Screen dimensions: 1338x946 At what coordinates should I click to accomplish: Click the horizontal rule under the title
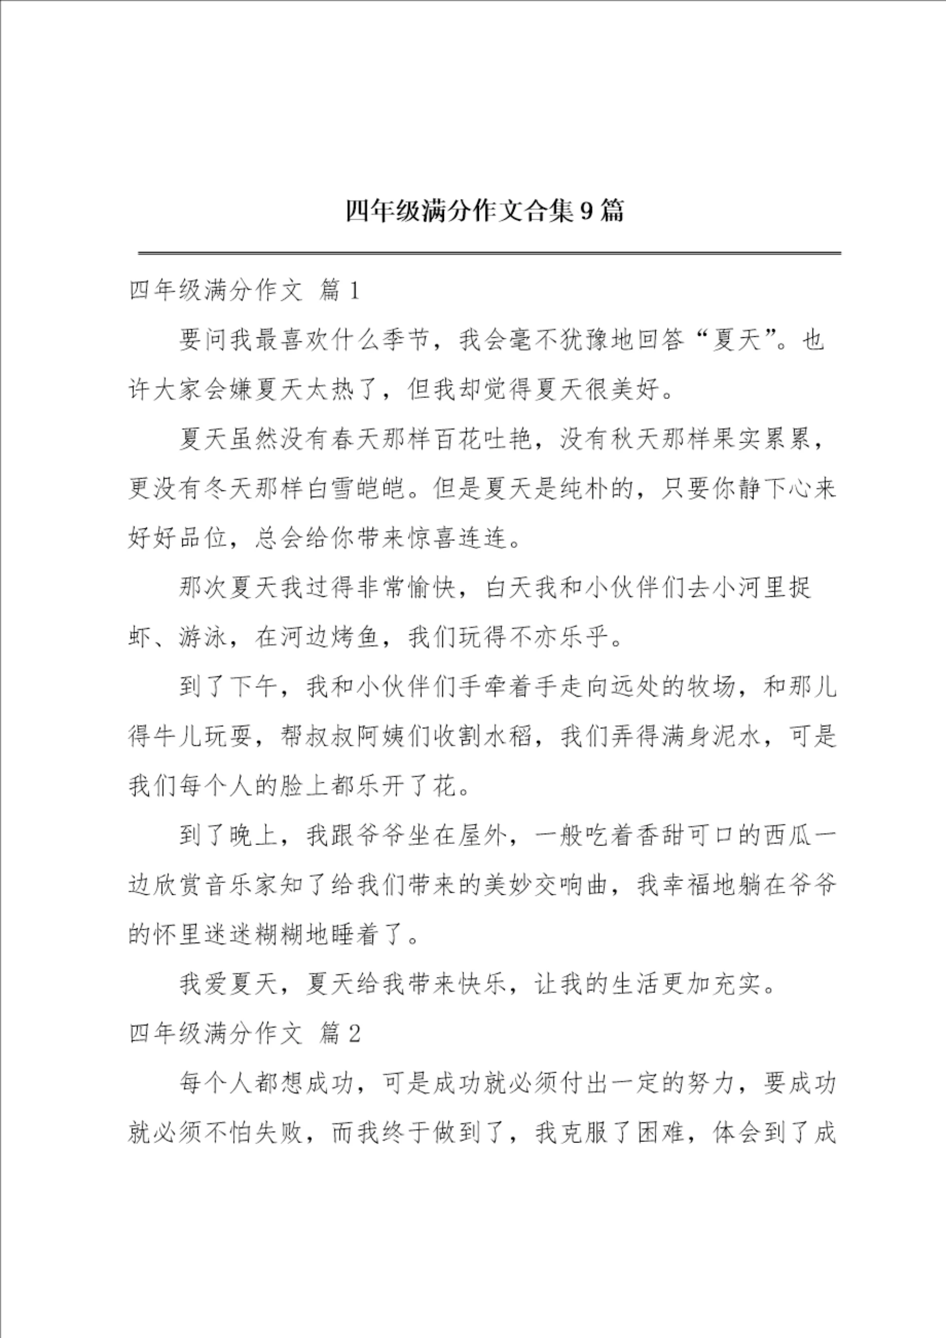[x=489, y=254]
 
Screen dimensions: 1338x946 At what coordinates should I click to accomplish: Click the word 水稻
[x=508, y=736]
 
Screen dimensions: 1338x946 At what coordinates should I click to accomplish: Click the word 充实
[x=749, y=984]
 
